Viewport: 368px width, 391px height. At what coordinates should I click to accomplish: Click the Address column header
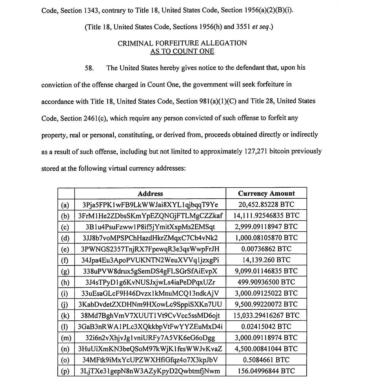point(150,194)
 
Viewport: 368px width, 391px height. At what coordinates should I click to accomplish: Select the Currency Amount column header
point(266,193)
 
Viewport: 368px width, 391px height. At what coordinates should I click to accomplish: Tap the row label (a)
point(65,205)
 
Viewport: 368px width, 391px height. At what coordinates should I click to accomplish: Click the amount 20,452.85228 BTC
point(266,205)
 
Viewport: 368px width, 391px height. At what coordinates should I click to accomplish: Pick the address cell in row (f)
point(150,260)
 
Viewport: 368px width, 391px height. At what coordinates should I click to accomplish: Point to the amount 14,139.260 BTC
point(266,260)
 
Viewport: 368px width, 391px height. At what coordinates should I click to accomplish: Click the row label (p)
point(65,371)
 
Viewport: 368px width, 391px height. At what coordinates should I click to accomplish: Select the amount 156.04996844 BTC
point(266,371)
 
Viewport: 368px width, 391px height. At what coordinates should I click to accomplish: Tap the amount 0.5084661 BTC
point(266,360)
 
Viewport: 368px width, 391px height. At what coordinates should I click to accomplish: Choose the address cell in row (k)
point(150,315)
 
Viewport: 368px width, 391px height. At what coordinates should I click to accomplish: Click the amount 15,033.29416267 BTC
point(266,315)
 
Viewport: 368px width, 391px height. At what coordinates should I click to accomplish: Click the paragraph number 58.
point(89,68)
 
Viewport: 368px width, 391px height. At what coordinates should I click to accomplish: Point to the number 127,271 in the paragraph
point(255,151)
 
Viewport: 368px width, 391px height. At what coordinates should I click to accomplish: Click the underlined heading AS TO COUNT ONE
point(182,51)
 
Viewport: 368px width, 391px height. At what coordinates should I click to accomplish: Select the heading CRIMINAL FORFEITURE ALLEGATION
point(182,43)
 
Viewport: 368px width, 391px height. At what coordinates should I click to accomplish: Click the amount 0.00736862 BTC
point(266,249)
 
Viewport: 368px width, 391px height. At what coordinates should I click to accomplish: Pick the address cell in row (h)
point(150,282)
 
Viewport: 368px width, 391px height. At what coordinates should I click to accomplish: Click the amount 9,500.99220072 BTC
point(266,304)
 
